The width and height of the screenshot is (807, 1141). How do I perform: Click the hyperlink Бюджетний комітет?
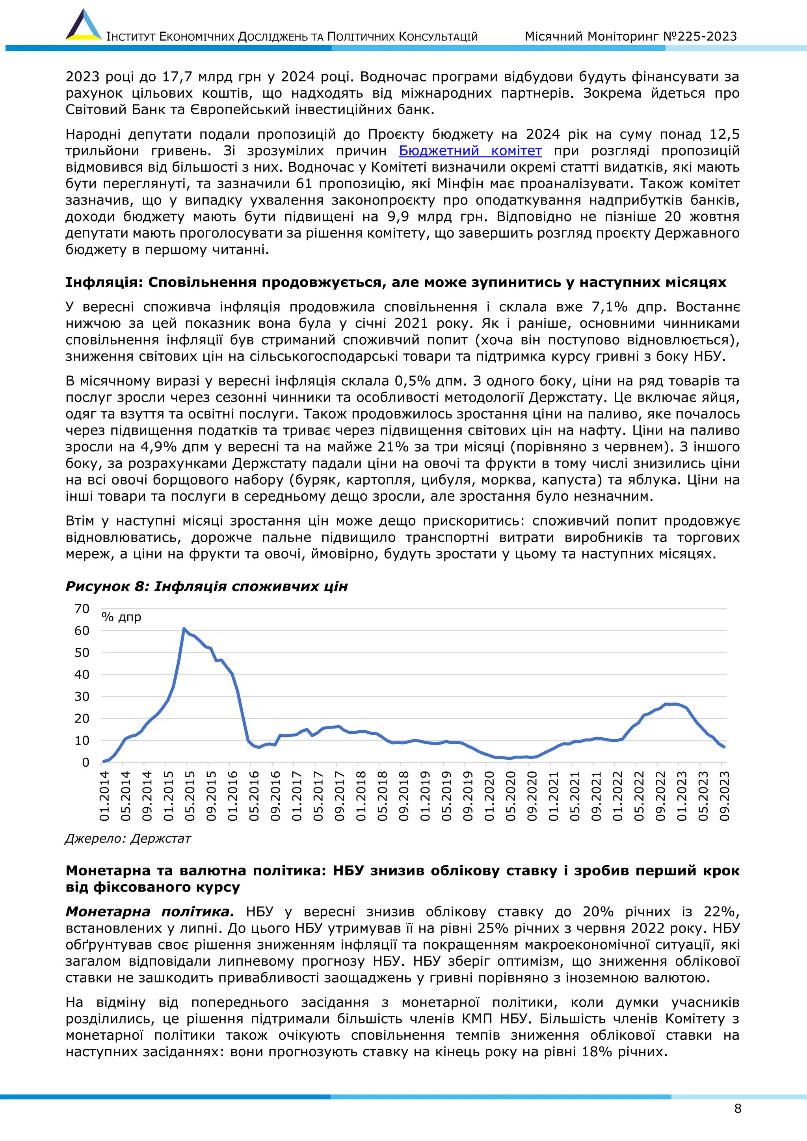pyautogui.click(x=470, y=151)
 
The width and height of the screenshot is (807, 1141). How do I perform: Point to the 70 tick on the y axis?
pyautogui.click(x=82, y=609)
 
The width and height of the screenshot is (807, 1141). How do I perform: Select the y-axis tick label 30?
pyautogui.click(x=82, y=696)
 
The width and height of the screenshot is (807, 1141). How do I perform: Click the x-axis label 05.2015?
pyautogui.click(x=190, y=795)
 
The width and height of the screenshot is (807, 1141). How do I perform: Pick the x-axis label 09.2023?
pyautogui.click(x=725, y=795)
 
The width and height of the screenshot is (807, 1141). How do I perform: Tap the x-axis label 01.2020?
pyautogui.click(x=489, y=795)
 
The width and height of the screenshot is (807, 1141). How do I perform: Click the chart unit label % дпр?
pyautogui.click(x=121, y=617)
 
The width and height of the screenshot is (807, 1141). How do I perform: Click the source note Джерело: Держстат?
pyautogui.click(x=128, y=839)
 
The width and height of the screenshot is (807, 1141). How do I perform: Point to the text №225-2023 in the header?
pyautogui.click(x=700, y=36)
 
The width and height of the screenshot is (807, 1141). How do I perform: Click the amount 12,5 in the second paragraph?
pyautogui.click(x=725, y=134)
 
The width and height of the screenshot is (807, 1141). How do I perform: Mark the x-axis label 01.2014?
pyautogui.click(x=104, y=795)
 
